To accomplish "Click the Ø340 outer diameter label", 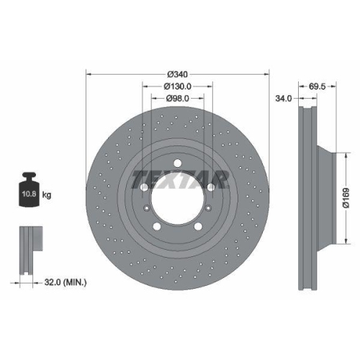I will pos(177,74).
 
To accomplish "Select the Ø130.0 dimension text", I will pos(177,86).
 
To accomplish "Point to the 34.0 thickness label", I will pos(284,99).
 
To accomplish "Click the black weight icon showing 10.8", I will pos(29,191).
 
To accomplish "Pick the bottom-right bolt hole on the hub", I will pos(199,228).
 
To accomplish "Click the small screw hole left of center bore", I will pos(147,208).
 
